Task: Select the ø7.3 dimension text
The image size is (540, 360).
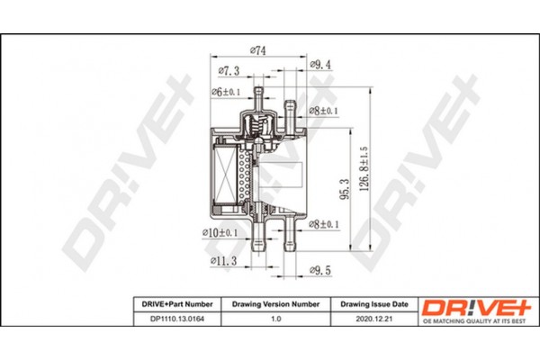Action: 229,70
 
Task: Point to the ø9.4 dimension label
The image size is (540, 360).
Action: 320,65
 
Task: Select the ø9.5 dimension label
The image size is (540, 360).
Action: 321,268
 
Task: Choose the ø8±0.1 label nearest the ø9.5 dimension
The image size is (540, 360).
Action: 322,226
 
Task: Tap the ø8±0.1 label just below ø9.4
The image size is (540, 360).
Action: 322,111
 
